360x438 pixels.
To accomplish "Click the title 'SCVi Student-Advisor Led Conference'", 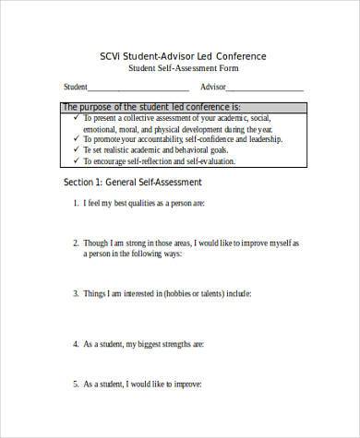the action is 182,56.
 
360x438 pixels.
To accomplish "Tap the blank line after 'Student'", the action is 138,89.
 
